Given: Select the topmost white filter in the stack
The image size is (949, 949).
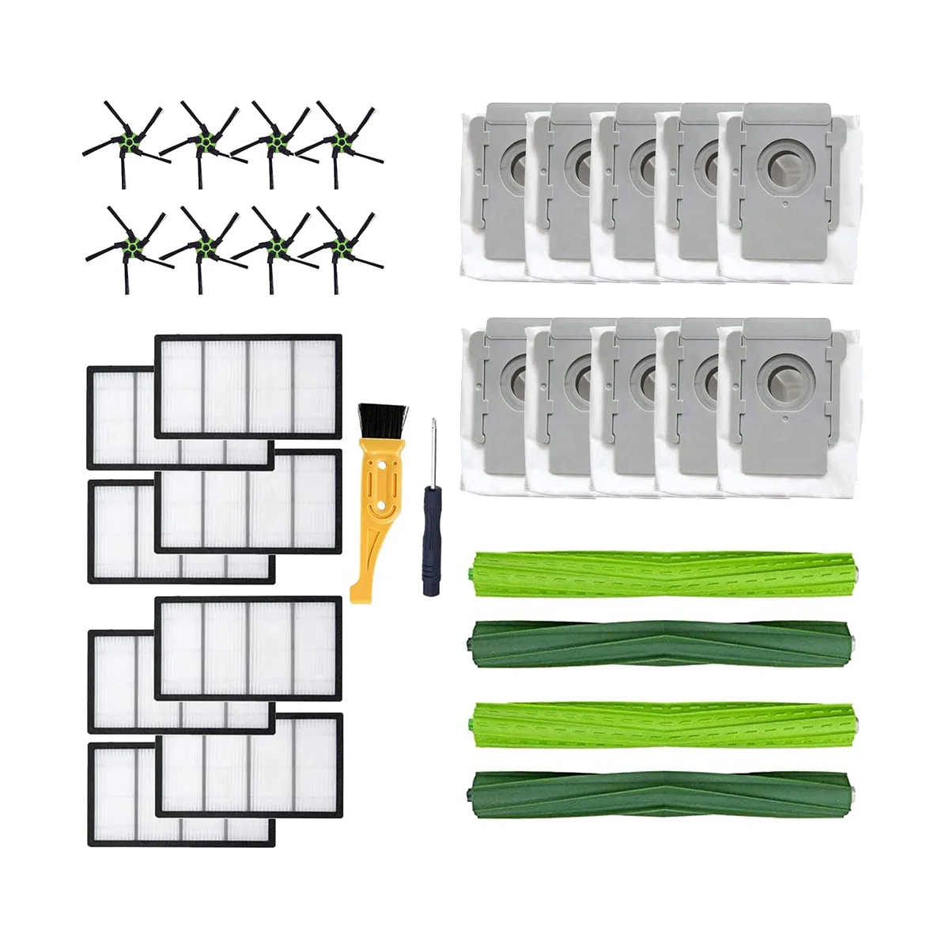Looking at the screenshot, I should pyautogui.click(x=248, y=386).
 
